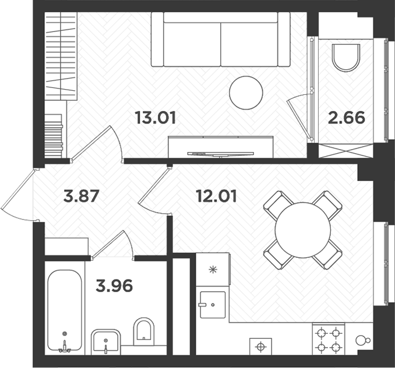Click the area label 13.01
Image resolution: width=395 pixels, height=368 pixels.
tap(155, 118)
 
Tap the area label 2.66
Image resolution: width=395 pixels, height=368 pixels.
tap(347, 118)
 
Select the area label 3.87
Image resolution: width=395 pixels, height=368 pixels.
tap(83, 196)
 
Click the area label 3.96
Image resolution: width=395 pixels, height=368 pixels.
tap(114, 286)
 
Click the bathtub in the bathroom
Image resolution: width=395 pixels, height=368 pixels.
tap(64, 310)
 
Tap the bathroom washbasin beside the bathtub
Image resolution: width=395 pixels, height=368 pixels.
tap(106, 341)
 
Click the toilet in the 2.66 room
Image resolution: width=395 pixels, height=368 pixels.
tap(345, 58)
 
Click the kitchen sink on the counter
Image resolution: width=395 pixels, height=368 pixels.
tap(211, 304)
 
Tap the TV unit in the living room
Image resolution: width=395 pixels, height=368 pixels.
tap(221, 146)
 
